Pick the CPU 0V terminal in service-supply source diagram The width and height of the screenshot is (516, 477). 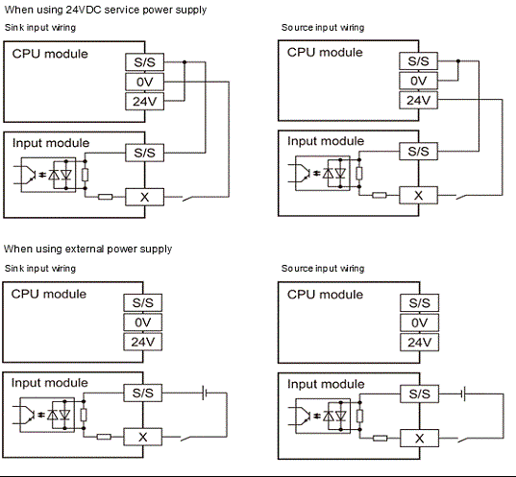coord(418,81)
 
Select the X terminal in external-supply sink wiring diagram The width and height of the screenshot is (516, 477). coord(143,437)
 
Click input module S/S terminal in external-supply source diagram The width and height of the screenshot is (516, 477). coord(418,394)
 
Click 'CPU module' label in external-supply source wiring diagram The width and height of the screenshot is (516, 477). coord(325,294)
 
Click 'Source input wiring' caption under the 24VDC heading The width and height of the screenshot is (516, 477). coord(323,28)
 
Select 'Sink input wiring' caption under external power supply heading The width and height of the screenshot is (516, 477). coord(40,268)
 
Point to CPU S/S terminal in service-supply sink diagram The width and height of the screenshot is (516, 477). coord(143,60)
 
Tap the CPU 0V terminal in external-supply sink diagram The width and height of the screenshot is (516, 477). coord(143,322)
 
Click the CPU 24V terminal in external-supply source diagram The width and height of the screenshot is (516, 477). coord(418,343)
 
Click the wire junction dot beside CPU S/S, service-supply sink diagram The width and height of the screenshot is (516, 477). coord(183,60)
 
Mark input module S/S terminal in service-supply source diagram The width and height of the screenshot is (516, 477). coord(418,151)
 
